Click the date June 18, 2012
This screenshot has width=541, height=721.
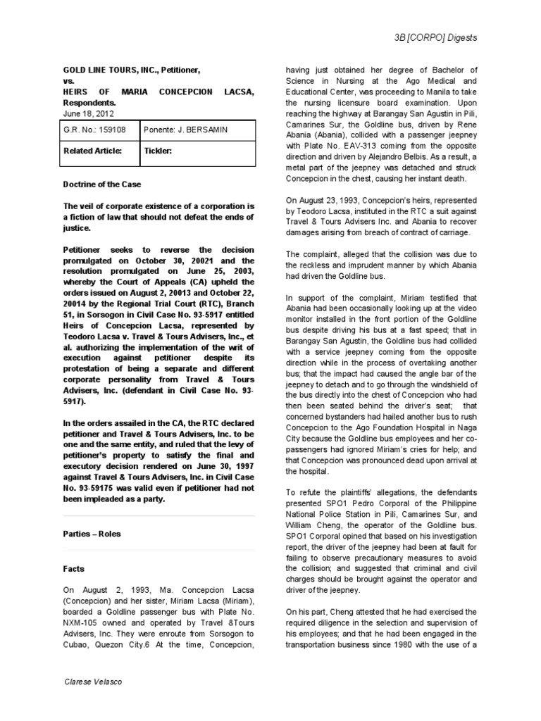88,113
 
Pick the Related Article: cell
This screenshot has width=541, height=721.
93,150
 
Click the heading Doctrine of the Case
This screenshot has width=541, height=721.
102,184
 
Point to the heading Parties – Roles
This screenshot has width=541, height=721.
92,534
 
